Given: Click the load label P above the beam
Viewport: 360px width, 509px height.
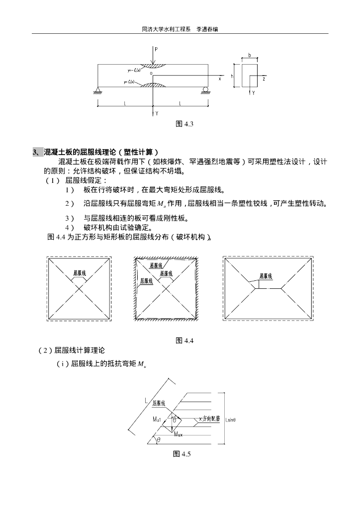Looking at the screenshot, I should (x=156, y=49).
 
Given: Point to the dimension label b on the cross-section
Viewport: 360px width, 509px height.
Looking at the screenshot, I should (x=249, y=55).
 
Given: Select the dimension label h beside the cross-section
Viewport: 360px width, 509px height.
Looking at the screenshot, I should (x=232, y=77).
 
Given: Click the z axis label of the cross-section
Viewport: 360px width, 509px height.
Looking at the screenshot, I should (x=264, y=78).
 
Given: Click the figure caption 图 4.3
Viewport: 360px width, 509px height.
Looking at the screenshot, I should (x=184, y=124).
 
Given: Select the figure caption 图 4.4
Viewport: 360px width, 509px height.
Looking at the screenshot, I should (x=184, y=340).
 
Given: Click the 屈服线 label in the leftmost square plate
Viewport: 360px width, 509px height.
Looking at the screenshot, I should (x=80, y=273).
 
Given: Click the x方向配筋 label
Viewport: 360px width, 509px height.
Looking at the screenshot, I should (x=209, y=419).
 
